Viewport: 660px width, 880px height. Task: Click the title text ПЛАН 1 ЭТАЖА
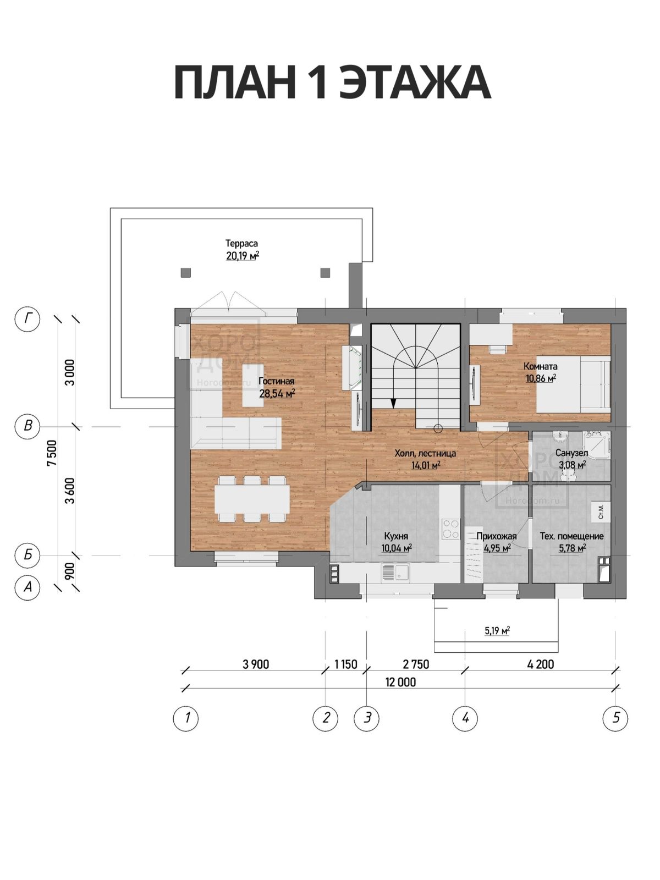point(332,82)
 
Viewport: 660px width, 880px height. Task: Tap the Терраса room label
point(241,243)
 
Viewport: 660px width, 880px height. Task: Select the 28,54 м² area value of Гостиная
point(277,393)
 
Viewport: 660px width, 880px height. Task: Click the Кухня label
point(396,536)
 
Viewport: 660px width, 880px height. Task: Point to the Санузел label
point(571,453)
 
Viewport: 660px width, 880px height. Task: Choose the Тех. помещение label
point(571,536)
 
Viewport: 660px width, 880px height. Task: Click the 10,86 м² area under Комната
point(541,378)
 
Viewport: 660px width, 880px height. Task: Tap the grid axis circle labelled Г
point(28,318)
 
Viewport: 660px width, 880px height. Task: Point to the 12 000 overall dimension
point(400,682)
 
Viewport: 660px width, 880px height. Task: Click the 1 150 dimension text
point(345,664)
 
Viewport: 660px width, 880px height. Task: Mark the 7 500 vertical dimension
point(52,453)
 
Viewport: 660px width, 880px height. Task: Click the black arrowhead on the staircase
point(393,403)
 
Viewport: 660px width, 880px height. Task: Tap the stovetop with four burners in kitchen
point(451,529)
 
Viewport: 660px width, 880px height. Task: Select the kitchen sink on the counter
point(395,573)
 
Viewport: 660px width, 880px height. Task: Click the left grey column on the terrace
point(185,273)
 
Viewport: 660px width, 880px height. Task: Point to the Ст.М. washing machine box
point(601,512)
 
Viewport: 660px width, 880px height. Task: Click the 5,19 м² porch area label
point(497,631)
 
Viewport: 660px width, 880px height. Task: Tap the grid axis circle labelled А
point(28,587)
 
